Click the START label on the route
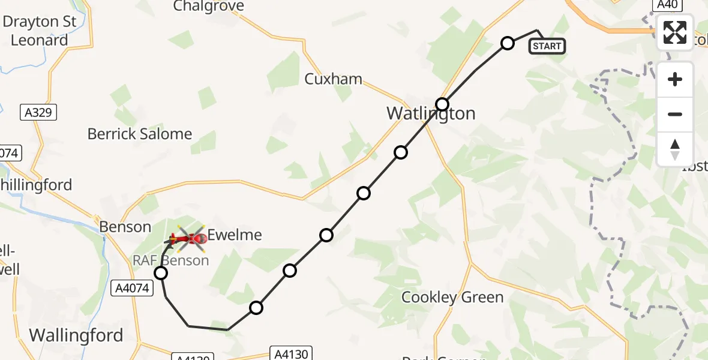547,46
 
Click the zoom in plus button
675,80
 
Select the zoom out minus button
675,114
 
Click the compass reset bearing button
675,149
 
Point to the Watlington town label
430,113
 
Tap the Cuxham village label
333,79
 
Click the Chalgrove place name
208,7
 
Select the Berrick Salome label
140,134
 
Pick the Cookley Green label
452,297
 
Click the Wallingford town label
76,335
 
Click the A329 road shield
37,112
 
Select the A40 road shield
667,5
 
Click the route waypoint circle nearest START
508,43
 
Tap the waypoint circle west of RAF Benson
161,274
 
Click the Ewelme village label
235,235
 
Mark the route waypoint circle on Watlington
442,104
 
